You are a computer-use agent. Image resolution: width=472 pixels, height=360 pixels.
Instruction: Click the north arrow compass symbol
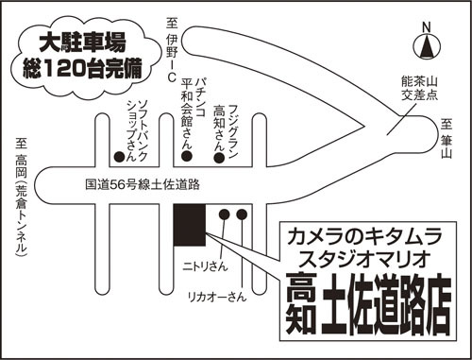(427, 46)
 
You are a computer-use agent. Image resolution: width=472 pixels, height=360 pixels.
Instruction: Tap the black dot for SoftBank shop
(119, 157)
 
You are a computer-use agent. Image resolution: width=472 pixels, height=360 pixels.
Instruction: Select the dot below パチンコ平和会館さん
(187, 155)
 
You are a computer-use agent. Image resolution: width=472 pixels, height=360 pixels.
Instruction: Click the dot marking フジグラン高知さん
(219, 158)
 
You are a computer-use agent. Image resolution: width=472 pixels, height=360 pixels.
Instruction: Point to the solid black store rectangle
(190, 225)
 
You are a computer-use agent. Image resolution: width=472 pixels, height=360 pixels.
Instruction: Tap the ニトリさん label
(205, 266)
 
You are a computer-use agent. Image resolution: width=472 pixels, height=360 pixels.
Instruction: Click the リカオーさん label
(217, 297)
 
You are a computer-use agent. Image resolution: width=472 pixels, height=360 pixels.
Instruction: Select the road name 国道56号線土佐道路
(143, 184)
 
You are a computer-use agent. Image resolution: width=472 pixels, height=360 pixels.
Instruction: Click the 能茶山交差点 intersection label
(419, 89)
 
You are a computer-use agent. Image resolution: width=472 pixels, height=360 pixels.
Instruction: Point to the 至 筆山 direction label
(447, 138)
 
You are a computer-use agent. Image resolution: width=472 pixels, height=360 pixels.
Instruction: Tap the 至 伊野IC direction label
(172, 49)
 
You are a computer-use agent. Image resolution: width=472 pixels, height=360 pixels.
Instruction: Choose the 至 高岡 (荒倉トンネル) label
(22, 197)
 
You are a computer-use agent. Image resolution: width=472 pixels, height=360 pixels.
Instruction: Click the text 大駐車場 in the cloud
(82, 43)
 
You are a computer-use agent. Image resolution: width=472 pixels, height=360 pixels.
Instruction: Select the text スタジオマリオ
(364, 259)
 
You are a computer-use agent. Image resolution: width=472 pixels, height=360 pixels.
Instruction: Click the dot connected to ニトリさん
(224, 214)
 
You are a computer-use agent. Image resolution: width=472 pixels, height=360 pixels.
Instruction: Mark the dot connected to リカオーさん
(242, 214)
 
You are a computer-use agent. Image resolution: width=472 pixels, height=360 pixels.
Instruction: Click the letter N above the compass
(426, 27)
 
